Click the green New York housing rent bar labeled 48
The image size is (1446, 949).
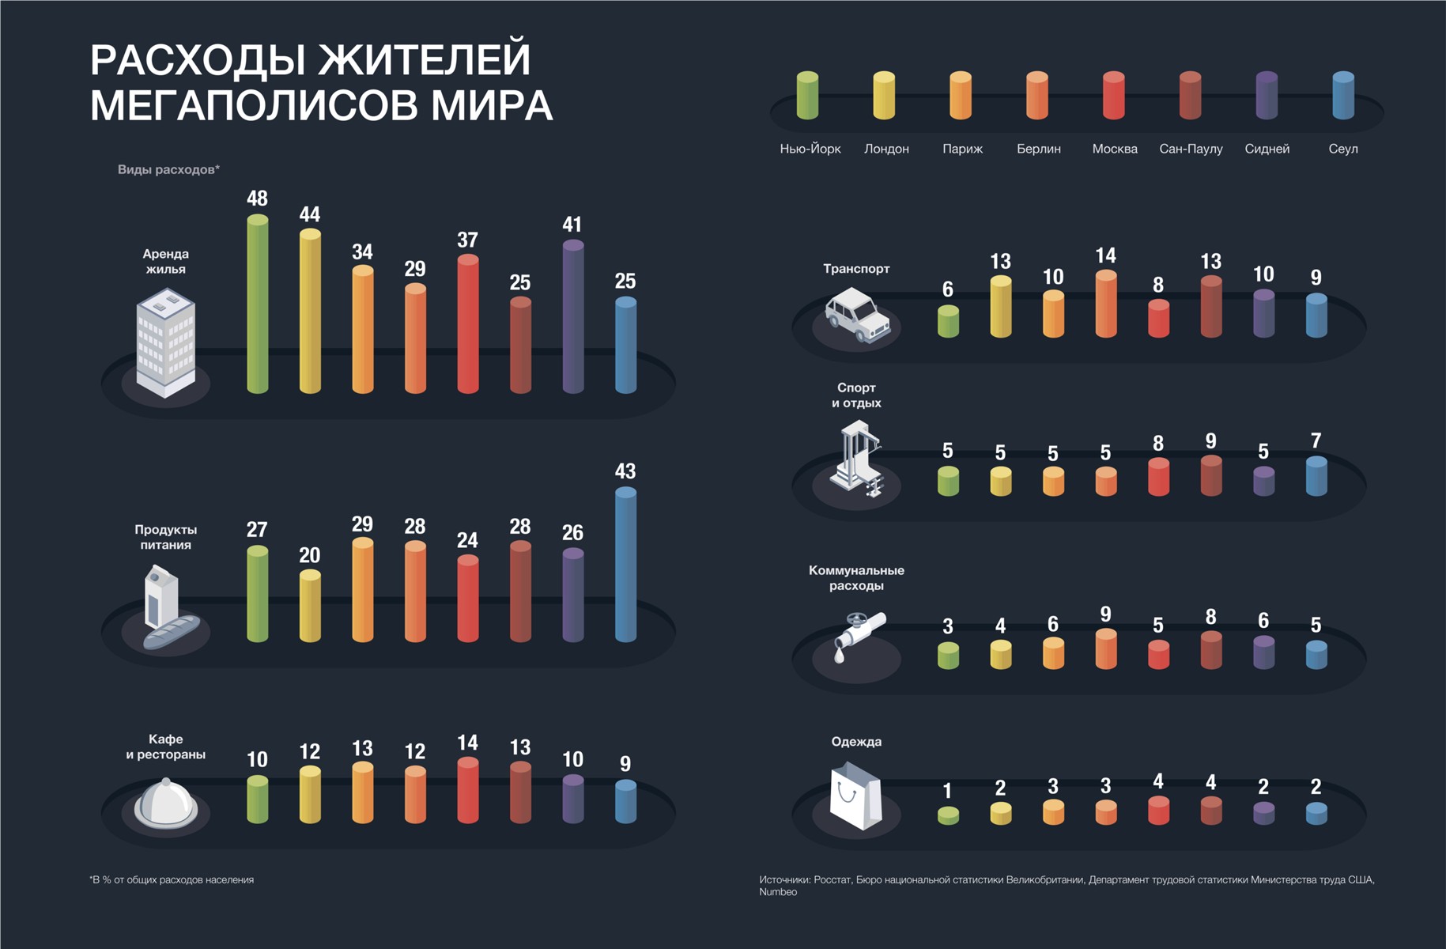coord(258,304)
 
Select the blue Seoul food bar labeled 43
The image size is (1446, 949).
coord(625,565)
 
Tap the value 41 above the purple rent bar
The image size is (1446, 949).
coord(572,225)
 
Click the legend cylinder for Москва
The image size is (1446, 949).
coord(1113,96)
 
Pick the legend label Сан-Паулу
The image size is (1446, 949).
coord(1191,149)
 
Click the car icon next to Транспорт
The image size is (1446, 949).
coord(857,316)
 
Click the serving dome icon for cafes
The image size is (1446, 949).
coord(166,803)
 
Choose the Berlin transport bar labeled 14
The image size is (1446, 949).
coord(1105,304)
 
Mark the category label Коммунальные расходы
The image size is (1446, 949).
coord(856,578)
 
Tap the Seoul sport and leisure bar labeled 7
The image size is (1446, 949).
coord(1316,476)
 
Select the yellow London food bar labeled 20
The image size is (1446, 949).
coord(310,606)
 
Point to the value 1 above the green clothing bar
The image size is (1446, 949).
coord(947,791)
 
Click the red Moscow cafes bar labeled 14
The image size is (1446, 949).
coord(467,790)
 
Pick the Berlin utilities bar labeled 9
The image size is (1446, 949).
coord(1105,649)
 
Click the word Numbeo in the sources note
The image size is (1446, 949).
coord(778,892)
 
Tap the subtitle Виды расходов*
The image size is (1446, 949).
coord(168,169)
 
